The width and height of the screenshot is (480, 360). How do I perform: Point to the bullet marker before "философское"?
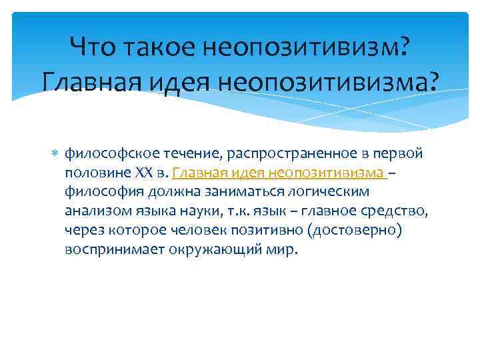[x=56, y=153]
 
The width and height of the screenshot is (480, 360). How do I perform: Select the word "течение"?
[x=177, y=154]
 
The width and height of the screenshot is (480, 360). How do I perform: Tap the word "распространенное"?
[x=275, y=154]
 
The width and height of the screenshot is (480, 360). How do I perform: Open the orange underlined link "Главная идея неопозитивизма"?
[x=278, y=173]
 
